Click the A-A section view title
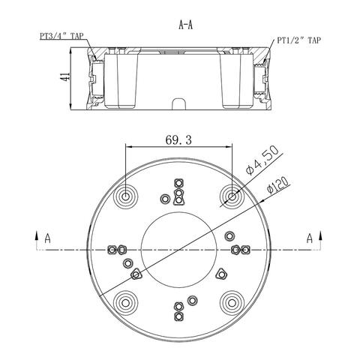pos(186,25)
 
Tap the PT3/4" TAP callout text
pos(61,36)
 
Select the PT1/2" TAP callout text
pos(298,40)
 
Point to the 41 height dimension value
pos(64,76)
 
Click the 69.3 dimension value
pos(178,140)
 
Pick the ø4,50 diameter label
pos(262,160)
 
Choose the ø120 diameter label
pos(278,185)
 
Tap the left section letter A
pos(47,238)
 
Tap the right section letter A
pos(310,238)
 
